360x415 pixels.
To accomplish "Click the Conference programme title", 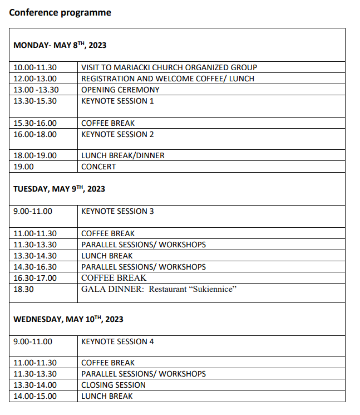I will [x=60, y=12].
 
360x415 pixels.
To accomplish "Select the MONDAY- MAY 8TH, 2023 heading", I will [x=60, y=45].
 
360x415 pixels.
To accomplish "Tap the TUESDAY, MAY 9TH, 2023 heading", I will [x=59, y=189].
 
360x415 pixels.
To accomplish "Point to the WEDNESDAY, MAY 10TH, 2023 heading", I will [x=68, y=319].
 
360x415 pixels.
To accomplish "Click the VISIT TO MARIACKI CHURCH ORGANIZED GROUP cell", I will [x=169, y=67].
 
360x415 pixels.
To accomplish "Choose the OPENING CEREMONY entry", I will [x=120, y=90].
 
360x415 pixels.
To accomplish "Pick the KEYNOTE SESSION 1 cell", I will [x=117, y=101].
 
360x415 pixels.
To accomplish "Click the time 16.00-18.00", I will [x=35, y=134].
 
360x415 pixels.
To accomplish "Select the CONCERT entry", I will [x=98, y=167].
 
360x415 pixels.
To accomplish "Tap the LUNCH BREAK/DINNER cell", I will [x=123, y=155].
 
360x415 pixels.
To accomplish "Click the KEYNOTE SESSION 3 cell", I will [x=117, y=211].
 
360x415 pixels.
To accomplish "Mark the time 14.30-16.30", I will [x=35, y=267].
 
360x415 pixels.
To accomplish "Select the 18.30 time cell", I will [x=23, y=289].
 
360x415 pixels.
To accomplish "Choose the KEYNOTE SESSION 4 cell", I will [x=117, y=341].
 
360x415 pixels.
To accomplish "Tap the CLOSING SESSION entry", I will [x=114, y=385].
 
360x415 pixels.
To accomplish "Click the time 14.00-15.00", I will [x=35, y=396].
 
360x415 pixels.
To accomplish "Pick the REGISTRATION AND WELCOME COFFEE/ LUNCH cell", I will [x=167, y=79].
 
